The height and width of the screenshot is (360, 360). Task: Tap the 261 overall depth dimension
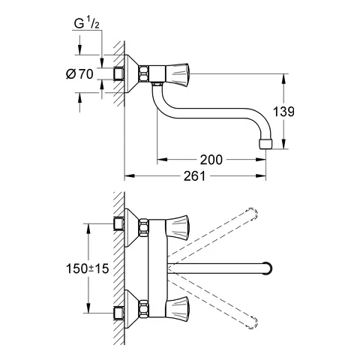click(x=196, y=176)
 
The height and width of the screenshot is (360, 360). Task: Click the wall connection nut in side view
click(x=117, y=73)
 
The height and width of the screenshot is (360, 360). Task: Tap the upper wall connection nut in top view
click(x=117, y=223)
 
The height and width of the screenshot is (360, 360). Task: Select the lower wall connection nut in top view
click(x=117, y=311)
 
